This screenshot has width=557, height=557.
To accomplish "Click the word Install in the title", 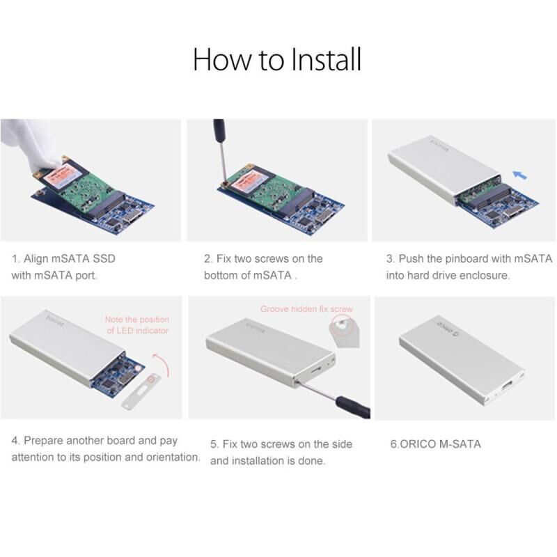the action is pos(326,59).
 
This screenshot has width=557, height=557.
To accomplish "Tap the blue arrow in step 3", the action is pos(520,175).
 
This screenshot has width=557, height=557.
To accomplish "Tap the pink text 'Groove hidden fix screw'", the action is pos(306,309).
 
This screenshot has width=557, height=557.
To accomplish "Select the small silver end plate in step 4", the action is pos(141,390).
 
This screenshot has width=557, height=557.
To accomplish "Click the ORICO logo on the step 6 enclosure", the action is pos(447,329).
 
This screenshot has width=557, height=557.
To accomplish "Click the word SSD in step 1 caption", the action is pos(104,258).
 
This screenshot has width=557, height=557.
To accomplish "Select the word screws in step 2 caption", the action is pos(272,258).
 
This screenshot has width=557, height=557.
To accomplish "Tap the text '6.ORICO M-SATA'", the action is pos(436,444).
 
